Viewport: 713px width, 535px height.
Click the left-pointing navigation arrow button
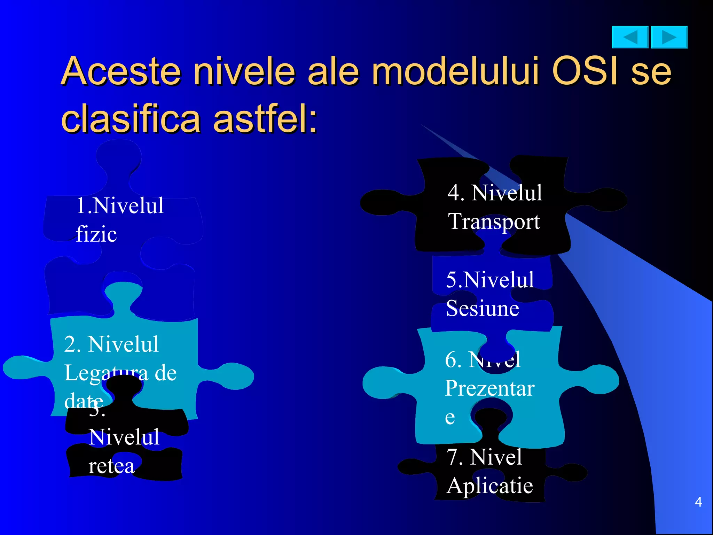point(630,37)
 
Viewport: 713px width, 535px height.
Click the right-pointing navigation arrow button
point(669,37)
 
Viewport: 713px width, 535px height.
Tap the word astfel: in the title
point(265,119)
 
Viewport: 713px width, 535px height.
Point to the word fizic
point(96,234)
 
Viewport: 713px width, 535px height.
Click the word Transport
point(494,222)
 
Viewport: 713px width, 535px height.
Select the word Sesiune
point(482,309)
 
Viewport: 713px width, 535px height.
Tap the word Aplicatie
point(489,486)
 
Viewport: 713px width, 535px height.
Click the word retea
point(111,466)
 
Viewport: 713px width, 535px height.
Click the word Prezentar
point(489,388)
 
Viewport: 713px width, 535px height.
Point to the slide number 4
point(698,502)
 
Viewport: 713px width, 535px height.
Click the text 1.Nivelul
point(119,206)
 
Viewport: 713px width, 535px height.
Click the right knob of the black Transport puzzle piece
point(608,200)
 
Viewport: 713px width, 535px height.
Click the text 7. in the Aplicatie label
point(455,457)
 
